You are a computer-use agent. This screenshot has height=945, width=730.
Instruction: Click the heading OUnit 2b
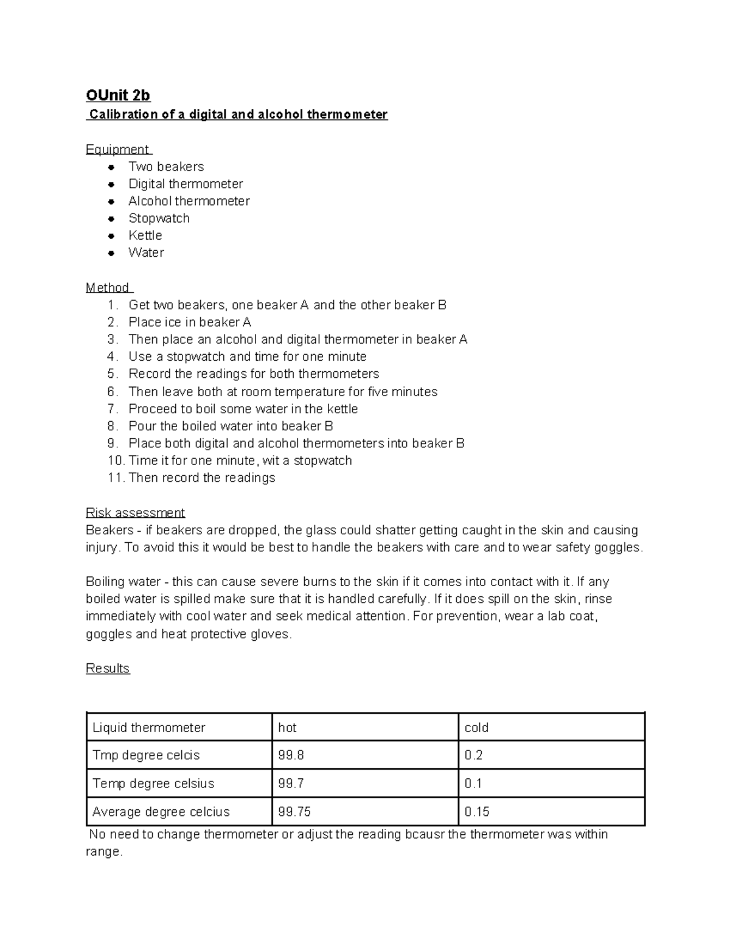(118, 96)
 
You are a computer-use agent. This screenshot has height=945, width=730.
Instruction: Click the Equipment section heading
(117, 149)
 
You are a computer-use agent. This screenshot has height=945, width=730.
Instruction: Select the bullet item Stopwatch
(159, 218)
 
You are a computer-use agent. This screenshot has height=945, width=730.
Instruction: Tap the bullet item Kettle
(145, 235)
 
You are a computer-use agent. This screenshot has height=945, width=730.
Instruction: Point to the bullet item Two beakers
(166, 167)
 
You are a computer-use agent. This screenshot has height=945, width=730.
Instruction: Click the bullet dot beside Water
(111, 253)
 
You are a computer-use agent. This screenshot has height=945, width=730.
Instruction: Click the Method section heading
(108, 287)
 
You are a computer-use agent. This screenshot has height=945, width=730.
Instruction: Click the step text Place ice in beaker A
(190, 322)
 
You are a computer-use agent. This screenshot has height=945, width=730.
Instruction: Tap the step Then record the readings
(202, 478)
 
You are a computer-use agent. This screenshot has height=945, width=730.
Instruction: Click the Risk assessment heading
(135, 512)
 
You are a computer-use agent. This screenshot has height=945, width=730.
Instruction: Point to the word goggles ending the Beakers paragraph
(617, 548)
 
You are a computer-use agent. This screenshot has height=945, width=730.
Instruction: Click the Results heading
(108, 668)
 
